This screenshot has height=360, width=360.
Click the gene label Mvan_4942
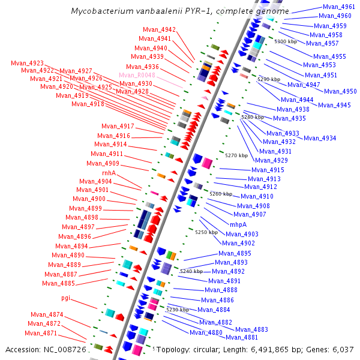tap(160, 29)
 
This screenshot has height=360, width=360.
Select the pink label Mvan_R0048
tap(137, 75)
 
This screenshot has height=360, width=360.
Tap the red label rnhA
tap(109, 173)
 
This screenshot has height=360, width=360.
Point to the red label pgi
tap(66, 298)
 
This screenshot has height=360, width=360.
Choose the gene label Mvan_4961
tap(339, 7)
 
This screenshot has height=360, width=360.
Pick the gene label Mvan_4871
tap(41, 333)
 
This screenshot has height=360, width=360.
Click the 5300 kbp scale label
tap(286, 41)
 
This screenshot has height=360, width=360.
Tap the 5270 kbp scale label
tap(236, 155)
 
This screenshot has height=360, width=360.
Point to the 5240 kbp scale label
tap(191, 271)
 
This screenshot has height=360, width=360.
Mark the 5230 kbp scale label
tap(178, 310)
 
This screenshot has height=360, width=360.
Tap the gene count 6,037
tap(342, 349)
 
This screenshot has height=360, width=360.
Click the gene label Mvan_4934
tap(320, 138)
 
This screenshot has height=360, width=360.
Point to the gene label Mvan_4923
tap(27, 63)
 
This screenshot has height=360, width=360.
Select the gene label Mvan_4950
tap(340, 91)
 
